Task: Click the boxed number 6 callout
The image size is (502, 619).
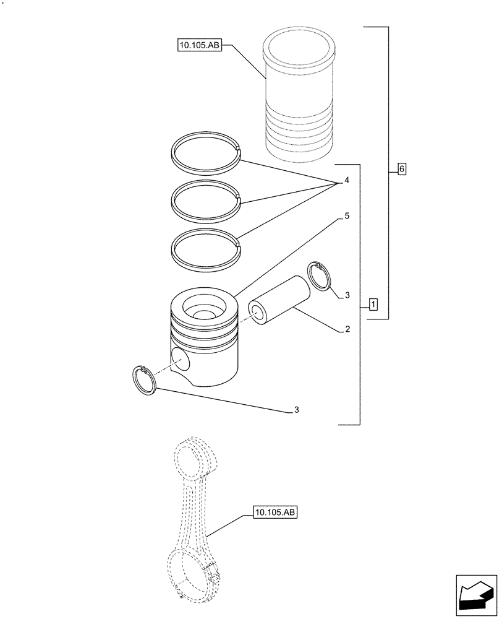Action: point(401,168)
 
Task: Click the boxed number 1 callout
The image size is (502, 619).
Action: point(374,304)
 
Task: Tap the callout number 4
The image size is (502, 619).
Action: point(347,181)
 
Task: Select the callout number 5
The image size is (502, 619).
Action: point(347,216)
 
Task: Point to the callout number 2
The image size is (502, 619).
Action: point(348,329)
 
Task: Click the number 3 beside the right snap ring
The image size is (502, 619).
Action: point(347,295)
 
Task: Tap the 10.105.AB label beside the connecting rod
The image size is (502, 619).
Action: point(275,513)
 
